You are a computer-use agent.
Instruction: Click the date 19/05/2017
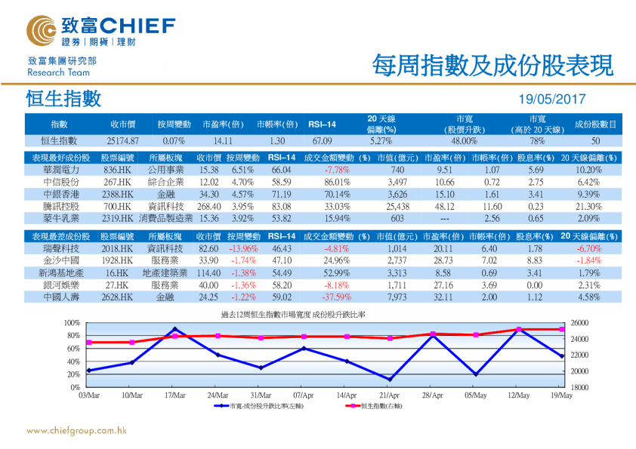click(552, 99)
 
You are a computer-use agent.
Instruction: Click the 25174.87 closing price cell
click(123, 140)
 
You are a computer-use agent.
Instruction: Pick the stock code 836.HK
click(118, 171)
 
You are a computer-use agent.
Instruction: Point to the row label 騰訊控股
click(58, 206)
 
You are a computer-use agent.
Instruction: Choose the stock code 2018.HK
click(118, 248)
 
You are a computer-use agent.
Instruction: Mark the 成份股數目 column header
click(596, 124)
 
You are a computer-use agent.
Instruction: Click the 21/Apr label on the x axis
click(389, 394)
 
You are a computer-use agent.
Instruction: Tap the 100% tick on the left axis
click(73, 323)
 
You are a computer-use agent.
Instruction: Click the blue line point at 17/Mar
click(175, 329)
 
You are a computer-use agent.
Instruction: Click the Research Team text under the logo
click(58, 72)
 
